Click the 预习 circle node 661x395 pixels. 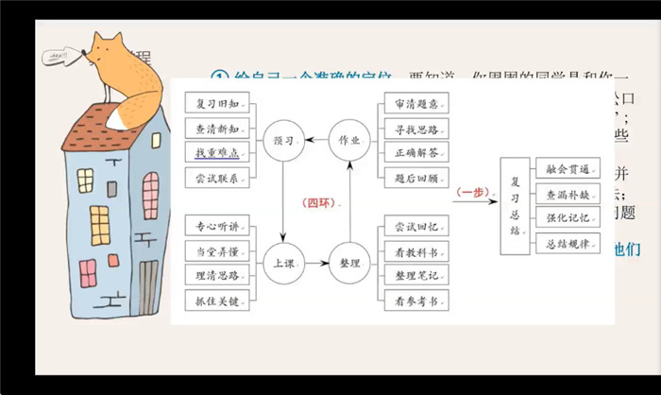click(x=283, y=140)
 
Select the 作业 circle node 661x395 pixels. click(x=349, y=140)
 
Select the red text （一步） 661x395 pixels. click(x=469, y=192)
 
